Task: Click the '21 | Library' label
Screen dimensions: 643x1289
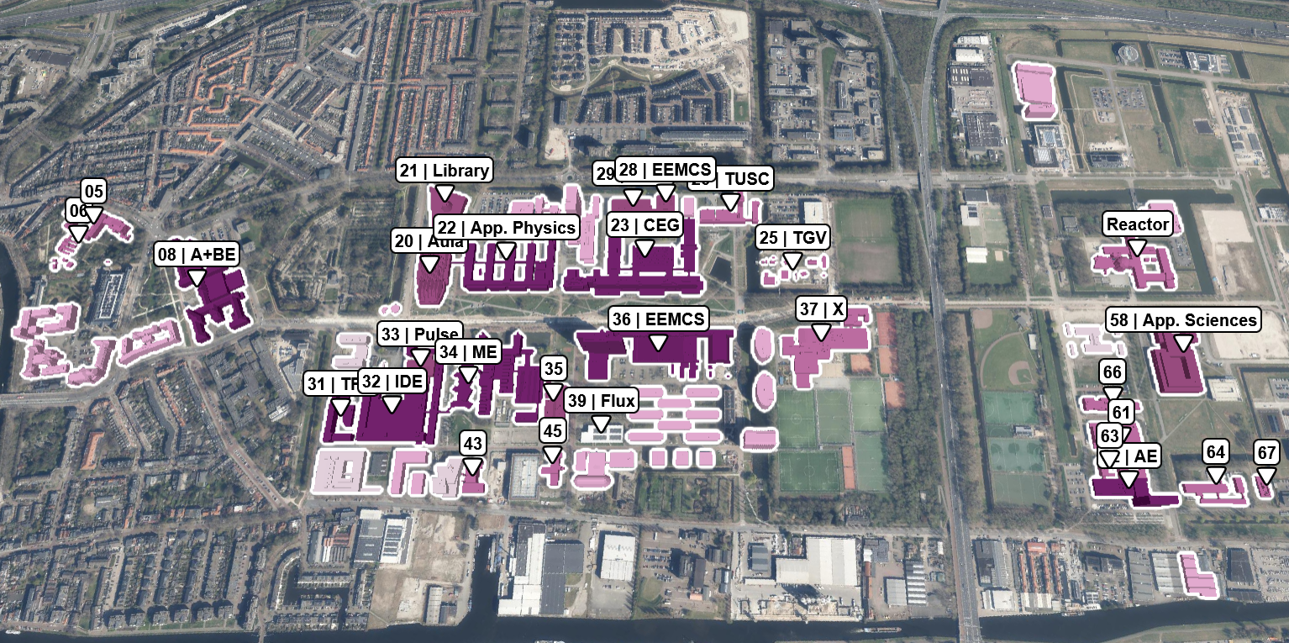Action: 444,171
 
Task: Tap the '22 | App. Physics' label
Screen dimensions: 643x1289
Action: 506,228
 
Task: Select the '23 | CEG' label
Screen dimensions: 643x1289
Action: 644,225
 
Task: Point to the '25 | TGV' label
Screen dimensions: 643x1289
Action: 792,238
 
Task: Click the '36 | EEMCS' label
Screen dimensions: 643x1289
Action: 659,319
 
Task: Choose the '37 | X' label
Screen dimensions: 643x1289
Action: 821,309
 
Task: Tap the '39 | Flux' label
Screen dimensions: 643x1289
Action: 601,399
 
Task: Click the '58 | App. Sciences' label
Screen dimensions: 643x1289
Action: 1183,320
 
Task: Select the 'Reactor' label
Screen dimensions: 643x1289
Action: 1138,224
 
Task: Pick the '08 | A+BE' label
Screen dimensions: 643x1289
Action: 197,255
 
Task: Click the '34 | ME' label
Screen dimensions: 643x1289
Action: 468,352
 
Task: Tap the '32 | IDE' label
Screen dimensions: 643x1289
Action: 392,382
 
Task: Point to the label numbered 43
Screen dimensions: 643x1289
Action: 473,443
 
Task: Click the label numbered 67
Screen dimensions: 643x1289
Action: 1266,452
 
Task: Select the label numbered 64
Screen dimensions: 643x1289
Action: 1215,451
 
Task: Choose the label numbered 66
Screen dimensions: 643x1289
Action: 1113,372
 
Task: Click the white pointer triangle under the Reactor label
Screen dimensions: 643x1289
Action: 1138,247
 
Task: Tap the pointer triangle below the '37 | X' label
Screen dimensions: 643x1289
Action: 821,332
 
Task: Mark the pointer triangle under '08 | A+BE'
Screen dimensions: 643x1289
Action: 197,277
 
